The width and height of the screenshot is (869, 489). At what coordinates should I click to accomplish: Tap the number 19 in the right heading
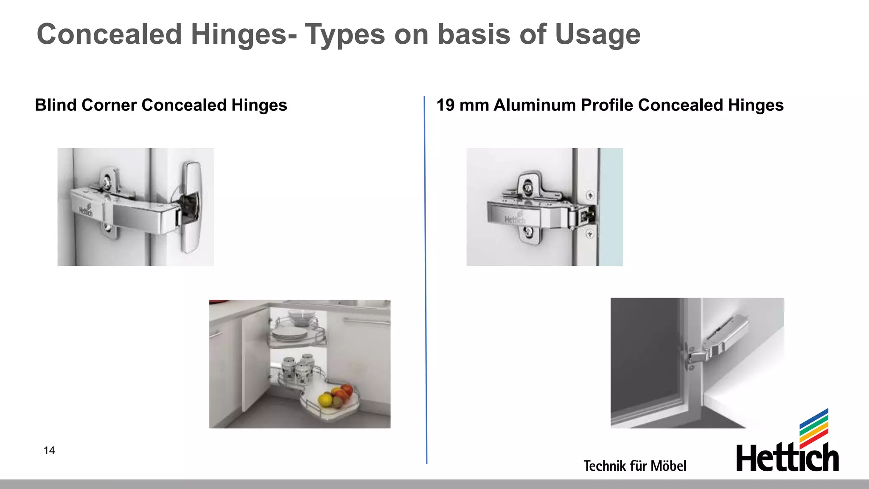(x=445, y=105)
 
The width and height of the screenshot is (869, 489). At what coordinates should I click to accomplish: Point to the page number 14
(x=49, y=450)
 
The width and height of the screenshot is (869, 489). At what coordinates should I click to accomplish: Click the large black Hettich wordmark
(x=787, y=458)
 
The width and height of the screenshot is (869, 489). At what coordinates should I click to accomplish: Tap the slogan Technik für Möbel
(x=634, y=466)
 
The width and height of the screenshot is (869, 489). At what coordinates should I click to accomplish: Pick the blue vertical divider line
(x=426, y=280)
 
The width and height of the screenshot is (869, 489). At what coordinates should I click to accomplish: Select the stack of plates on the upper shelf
(x=290, y=334)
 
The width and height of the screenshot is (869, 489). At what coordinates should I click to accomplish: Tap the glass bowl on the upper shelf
(x=302, y=317)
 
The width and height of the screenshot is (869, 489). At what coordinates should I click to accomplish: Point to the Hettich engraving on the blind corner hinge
(x=86, y=211)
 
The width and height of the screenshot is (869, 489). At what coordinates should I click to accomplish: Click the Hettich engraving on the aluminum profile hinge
(x=515, y=219)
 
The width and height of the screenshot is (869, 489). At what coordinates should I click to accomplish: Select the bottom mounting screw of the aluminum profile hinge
(x=529, y=232)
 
